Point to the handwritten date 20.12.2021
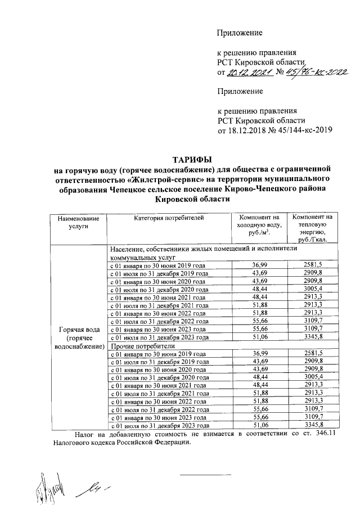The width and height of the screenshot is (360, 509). tap(248, 73)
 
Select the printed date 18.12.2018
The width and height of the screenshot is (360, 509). tap(249, 130)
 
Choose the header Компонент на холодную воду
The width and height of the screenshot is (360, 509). tap(259, 226)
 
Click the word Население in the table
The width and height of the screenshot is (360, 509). tap(128, 249)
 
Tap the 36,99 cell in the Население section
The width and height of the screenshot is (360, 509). tap(259, 264)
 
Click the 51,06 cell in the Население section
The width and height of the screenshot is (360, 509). tap(259, 337)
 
